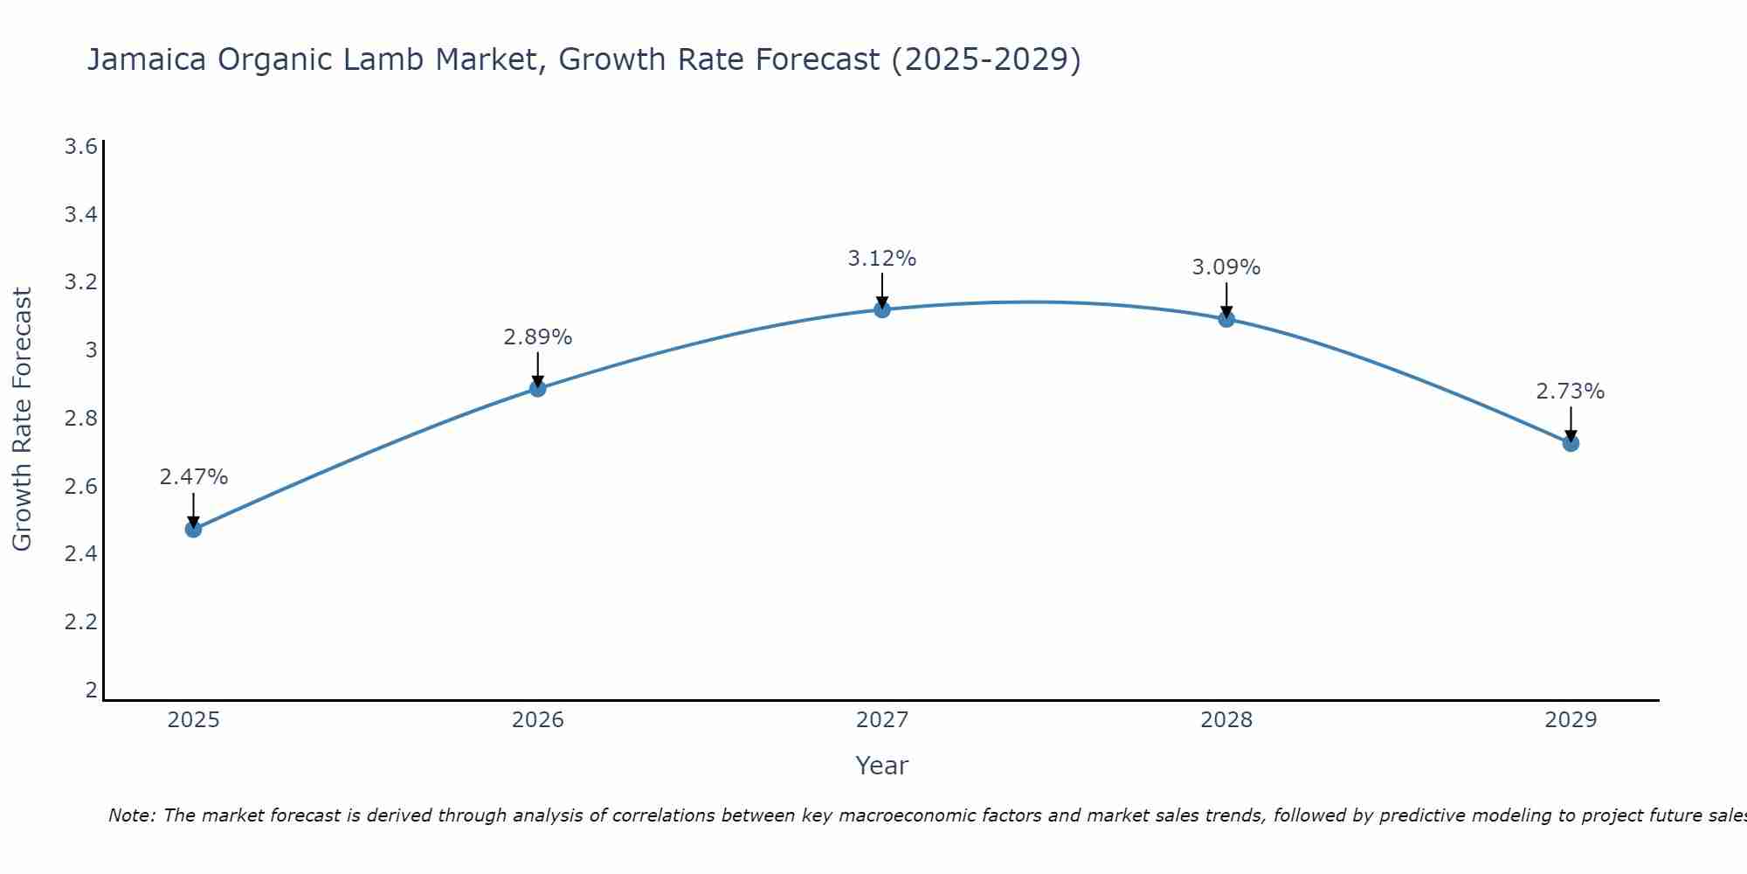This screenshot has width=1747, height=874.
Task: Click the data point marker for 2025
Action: (x=194, y=529)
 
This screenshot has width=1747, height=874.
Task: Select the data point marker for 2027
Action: (x=882, y=309)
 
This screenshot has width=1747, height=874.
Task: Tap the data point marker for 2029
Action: (x=1571, y=443)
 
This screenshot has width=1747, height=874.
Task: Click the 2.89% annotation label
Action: (x=538, y=337)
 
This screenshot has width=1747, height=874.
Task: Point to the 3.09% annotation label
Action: (x=1226, y=267)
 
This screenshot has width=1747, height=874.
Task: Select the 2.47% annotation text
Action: (x=194, y=477)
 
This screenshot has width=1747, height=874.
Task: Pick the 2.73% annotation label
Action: (x=1571, y=392)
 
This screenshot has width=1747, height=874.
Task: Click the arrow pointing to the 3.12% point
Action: (x=882, y=290)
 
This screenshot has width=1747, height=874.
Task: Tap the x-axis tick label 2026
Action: (x=538, y=720)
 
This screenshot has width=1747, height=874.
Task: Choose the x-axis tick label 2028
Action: (x=1226, y=720)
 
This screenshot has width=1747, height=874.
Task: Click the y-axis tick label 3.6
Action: (x=80, y=146)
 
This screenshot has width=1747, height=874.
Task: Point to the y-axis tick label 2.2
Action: (x=80, y=622)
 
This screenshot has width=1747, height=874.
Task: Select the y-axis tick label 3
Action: (x=90, y=350)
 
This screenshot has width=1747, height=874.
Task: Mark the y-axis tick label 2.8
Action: (x=80, y=419)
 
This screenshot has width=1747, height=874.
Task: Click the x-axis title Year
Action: (x=882, y=766)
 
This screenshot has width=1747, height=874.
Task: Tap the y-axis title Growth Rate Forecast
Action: (x=22, y=420)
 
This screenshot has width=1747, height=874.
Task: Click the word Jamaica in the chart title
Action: (x=147, y=59)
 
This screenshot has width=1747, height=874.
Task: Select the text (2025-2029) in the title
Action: (x=985, y=59)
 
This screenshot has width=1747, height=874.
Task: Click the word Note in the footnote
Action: (x=131, y=815)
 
